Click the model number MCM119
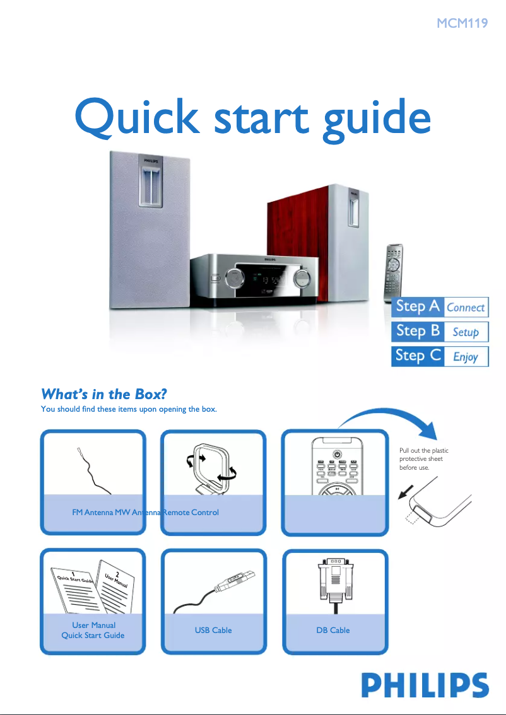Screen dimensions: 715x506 pos(462,25)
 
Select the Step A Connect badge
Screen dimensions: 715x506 pos(440,307)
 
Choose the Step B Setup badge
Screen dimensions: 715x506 pos(440,331)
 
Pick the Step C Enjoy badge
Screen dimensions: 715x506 pos(440,356)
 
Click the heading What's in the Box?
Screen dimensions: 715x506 pos(103,395)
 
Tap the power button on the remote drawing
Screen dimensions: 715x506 pos(337,454)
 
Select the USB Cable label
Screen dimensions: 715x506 pos(213,630)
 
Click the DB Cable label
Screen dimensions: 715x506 pos(333,630)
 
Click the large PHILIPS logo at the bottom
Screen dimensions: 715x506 pos(425,685)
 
